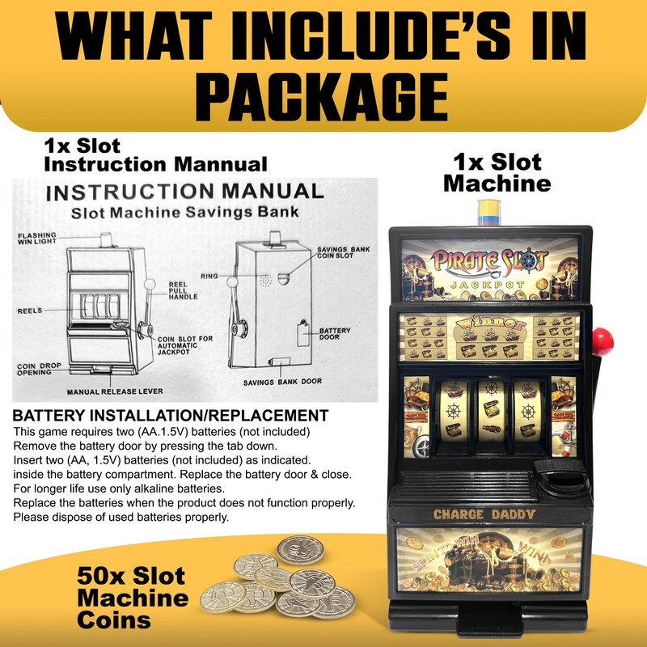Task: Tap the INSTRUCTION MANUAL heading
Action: (185, 192)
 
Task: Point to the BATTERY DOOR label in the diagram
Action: (334, 334)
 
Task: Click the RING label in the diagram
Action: (209, 277)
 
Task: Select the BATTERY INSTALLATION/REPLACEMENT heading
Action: (171, 416)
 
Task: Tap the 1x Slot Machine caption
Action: (497, 172)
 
